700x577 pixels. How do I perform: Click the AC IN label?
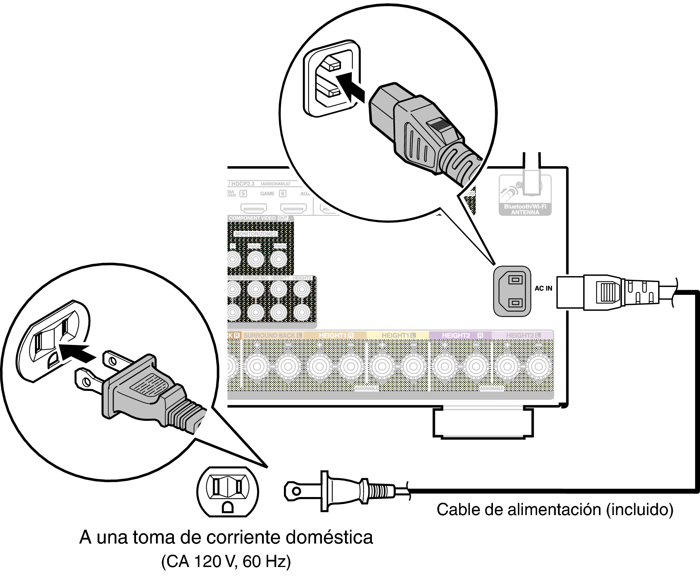pos(543,288)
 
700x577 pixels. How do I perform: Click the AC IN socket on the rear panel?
pos(512,291)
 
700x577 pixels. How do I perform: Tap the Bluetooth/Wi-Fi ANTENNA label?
pos(525,210)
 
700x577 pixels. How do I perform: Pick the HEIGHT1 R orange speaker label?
pos(336,336)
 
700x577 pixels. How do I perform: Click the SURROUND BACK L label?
pos(272,336)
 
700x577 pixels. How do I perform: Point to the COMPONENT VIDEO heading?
pos(252,218)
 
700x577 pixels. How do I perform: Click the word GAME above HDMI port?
pos(267,194)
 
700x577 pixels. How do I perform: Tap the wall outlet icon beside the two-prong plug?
pos(227,492)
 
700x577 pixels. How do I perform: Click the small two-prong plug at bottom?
pos(338,491)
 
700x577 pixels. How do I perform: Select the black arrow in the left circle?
pos(78,353)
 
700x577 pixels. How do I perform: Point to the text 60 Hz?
pos(266,562)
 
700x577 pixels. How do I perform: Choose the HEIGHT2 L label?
pos(523,336)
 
